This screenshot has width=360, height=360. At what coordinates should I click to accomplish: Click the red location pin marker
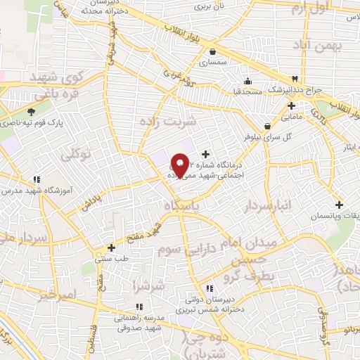(180, 165)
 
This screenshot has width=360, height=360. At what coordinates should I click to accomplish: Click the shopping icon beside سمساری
(212, 51)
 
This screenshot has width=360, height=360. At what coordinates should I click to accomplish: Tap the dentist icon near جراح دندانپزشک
(295, 78)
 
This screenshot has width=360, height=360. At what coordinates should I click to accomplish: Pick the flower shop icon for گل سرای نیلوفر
(266, 127)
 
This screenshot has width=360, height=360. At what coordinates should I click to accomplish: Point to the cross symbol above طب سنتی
(112, 247)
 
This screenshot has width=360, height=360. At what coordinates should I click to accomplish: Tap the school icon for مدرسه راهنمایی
(139, 306)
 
